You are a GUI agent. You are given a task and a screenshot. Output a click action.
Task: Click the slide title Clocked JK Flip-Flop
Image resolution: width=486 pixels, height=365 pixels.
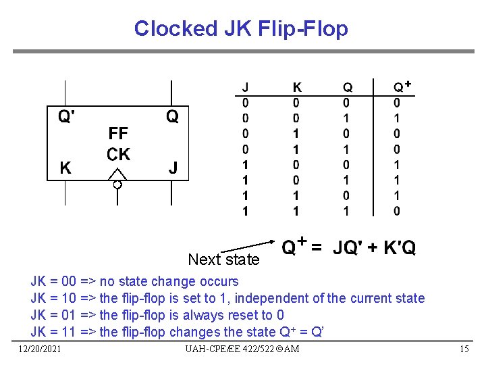(x=241, y=28)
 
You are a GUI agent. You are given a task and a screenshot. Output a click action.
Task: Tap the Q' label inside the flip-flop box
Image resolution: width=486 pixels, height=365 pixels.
(x=66, y=117)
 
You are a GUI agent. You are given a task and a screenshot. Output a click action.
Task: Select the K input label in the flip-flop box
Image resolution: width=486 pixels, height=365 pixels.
(x=65, y=167)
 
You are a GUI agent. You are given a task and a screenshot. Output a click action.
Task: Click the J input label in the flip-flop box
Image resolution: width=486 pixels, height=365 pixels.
(x=173, y=167)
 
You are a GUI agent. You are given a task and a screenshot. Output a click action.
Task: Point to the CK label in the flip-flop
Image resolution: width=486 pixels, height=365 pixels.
(x=119, y=155)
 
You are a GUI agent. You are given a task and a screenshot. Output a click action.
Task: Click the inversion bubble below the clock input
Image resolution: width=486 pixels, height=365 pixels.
(x=117, y=185)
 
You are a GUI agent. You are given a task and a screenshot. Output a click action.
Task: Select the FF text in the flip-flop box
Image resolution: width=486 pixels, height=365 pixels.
(x=118, y=132)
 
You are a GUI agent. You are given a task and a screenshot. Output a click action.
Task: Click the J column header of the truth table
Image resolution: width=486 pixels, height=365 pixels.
(x=246, y=87)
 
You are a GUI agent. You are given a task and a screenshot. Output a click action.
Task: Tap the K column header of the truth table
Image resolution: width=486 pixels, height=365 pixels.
(x=297, y=87)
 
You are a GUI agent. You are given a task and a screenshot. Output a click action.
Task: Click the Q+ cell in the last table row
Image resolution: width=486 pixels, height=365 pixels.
(x=397, y=211)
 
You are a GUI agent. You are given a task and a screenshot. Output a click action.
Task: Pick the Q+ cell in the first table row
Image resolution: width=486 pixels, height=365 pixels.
(x=397, y=103)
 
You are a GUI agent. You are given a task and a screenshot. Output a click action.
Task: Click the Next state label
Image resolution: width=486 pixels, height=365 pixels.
(x=223, y=260)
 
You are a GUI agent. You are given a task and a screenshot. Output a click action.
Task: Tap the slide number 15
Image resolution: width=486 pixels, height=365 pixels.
(x=464, y=349)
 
